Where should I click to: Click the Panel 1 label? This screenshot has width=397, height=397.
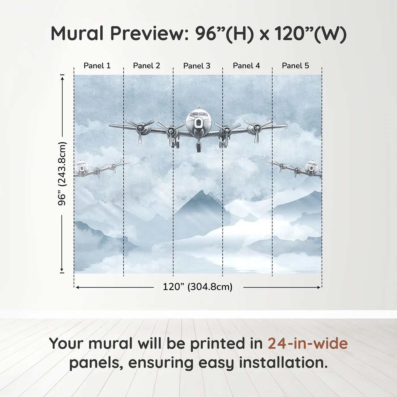click(97, 66)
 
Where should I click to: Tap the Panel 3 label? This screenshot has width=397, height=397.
click(197, 66)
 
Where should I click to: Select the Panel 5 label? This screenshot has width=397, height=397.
click(295, 66)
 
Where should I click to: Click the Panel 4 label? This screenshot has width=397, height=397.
click(246, 66)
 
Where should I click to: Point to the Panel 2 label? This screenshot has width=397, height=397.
click(146, 66)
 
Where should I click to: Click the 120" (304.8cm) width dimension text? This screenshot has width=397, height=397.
click(197, 287)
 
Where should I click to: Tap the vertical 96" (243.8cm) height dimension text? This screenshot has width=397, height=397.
click(62, 174)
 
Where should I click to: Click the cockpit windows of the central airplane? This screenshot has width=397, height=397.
click(198, 114)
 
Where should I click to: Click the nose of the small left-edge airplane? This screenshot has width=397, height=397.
click(82, 168)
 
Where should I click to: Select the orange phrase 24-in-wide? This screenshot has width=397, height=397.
click(308, 343)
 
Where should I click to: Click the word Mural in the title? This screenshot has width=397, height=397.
click(77, 33)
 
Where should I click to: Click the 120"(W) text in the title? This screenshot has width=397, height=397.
click(311, 33)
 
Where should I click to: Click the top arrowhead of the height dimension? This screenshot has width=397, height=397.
click(62, 77)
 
